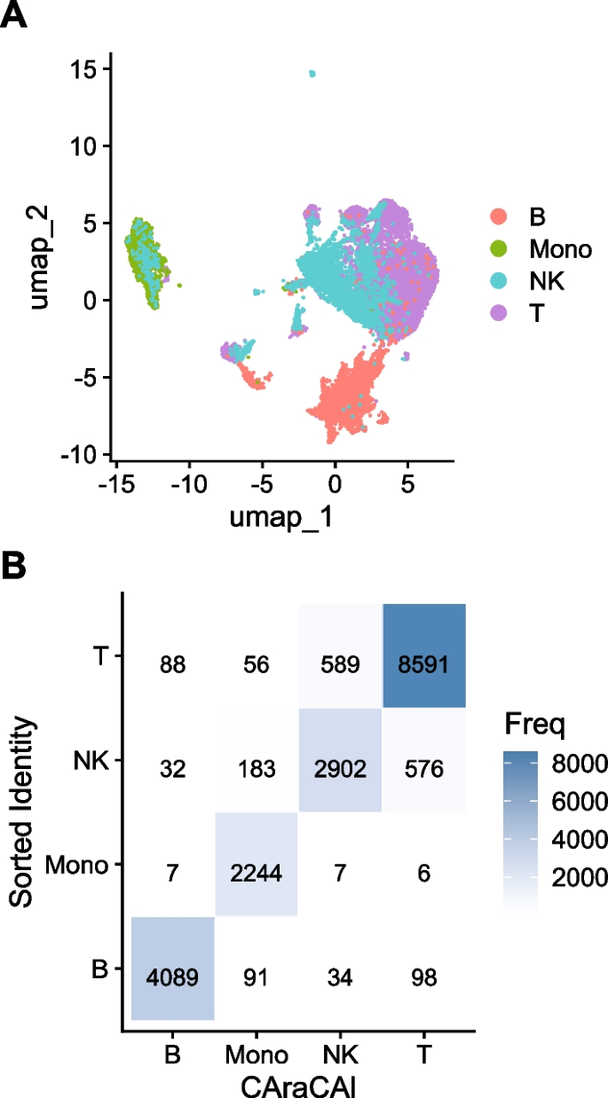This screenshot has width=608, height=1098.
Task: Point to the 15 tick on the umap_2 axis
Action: pos(85,69)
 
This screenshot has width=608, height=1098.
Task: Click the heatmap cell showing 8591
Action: pos(424,656)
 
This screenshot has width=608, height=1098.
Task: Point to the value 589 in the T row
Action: pos(340,656)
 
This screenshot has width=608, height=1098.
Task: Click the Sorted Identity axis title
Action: pos(25,812)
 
